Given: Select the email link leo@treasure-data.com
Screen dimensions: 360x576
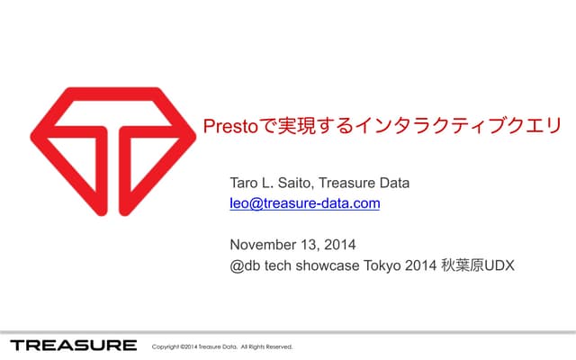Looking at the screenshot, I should pyautogui.click(x=305, y=203).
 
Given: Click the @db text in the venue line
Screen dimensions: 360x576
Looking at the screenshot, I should pyautogui.click(x=244, y=265).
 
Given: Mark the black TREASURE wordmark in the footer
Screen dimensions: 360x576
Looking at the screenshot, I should pyautogui.click(x=74, y=346).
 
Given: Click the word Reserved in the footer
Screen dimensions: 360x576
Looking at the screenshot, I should pyautogui.click(x=278, y=346).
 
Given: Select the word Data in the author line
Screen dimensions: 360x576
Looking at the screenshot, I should pyautogui.click(x=393, y=184).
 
